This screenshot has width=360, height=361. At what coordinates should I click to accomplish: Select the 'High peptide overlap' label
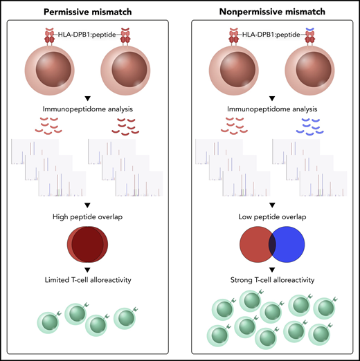point(89,215)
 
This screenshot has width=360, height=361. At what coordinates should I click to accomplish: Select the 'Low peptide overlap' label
point(271,215)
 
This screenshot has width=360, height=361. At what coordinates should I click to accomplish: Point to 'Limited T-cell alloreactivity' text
point(89,279)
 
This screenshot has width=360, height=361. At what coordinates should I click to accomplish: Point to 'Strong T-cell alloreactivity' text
point(271,279)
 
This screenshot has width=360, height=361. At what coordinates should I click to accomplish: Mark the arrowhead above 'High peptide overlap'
point(89,204)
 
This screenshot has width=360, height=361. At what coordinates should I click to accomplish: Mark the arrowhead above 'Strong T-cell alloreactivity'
point(271,268)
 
